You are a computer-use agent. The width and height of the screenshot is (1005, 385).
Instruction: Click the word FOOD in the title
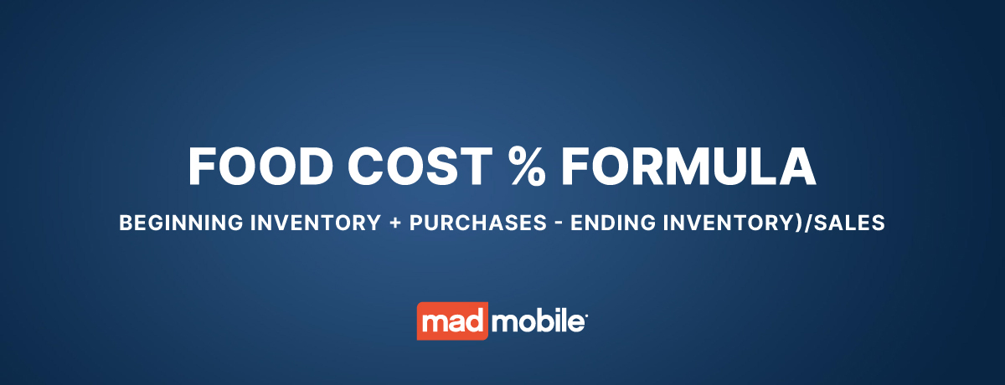click(260, 167)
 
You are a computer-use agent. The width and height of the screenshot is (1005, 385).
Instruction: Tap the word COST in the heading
click(420, 167)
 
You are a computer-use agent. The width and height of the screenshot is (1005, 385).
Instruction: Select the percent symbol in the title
click(527, 167)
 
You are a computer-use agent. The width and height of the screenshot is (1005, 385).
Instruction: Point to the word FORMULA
click(688, 167)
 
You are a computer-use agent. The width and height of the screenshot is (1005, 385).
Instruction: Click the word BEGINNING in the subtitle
click(181, 223)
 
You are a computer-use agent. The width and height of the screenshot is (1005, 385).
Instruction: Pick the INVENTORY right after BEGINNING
click(316, 223)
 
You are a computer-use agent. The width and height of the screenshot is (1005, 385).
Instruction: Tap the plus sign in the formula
click(395, 223)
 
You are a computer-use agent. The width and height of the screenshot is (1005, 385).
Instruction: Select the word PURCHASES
click(478, 223)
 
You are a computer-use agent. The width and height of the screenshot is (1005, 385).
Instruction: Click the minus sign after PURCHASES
click(559, 223)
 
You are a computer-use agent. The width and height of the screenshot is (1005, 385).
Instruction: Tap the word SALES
click(849, 223)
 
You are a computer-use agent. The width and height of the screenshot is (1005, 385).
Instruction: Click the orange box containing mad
click(452, 321)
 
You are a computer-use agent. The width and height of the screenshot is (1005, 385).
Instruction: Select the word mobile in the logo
click(538, 321)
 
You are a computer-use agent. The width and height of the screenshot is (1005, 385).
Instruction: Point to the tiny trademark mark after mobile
click(586, 315)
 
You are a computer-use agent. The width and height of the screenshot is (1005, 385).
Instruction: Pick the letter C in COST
click(367, 167)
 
